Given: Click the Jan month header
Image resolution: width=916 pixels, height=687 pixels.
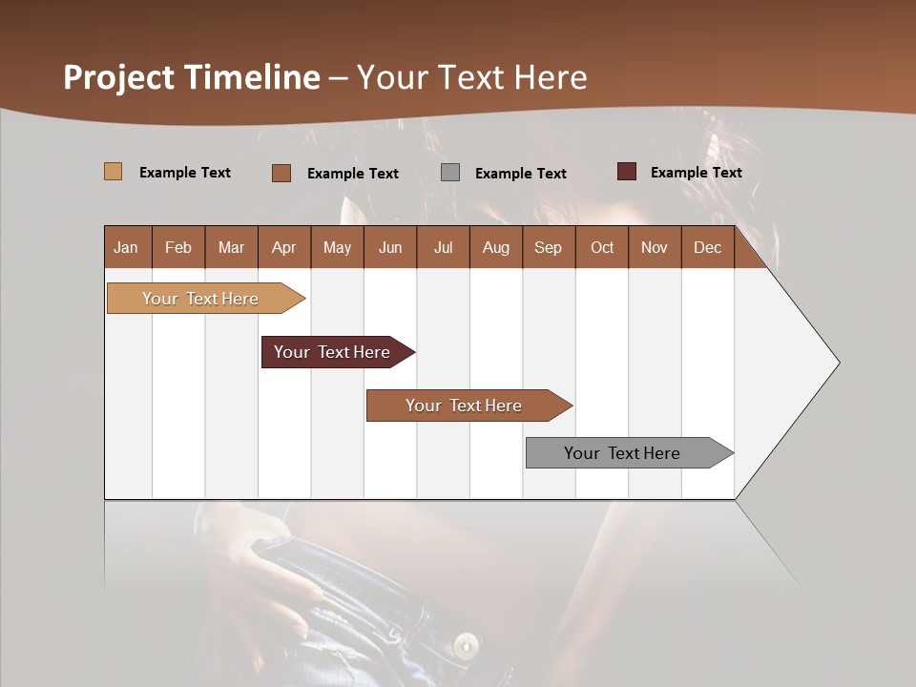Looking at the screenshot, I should click(126, 247).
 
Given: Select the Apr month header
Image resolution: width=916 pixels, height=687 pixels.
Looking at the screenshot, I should click(283, 247).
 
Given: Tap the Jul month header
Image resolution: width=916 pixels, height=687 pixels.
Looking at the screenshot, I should click(443, 247).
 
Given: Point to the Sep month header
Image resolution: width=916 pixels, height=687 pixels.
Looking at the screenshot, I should click(548, 247).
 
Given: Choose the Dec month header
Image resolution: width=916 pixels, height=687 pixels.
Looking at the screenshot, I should click(707, 247).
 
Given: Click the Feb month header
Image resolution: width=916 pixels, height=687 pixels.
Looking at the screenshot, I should click(178, 247).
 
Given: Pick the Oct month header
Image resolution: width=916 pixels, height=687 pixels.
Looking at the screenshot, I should click(602, 247).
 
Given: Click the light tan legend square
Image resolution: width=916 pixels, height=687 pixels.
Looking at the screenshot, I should click(114, 172).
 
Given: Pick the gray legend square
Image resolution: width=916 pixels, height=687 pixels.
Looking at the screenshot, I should click(450, 172).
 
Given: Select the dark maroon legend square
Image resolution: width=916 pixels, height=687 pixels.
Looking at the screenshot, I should click(626, 172).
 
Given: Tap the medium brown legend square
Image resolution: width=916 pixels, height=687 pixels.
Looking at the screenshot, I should click(281, 173).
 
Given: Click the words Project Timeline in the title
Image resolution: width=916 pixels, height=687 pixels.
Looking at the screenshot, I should click(192, 77).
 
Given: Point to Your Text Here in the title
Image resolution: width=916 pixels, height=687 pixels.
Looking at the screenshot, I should click(471, 77).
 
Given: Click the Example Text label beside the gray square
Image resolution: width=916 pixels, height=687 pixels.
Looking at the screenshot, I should click(520, 173).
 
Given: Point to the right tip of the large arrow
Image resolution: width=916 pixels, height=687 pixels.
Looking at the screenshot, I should click(838, 363).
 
